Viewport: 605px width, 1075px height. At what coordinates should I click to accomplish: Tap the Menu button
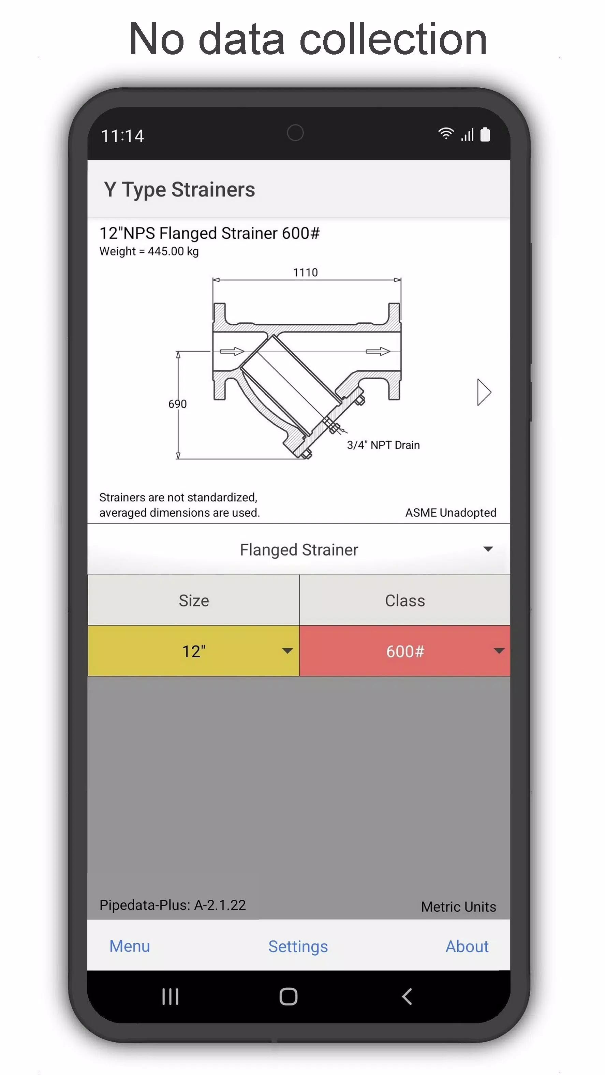click(x=129, y=946)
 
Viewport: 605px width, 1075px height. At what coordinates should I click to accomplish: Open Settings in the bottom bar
click(x=298, y=946)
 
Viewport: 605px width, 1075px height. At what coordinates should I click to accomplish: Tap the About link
click(x=467, y=946)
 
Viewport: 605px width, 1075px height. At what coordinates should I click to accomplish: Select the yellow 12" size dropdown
click(x=194, y=651)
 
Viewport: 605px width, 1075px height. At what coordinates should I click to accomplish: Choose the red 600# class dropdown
click(x=405, y=651)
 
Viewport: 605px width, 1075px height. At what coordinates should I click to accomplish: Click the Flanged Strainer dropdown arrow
click(x=488, y=549)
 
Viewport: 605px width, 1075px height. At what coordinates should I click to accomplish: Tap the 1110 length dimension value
click(x=306, y=272)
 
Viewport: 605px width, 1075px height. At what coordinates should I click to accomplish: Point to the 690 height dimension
click(x=177, y=403)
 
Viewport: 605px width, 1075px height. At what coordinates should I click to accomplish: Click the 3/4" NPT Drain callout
click(x=383, y=445)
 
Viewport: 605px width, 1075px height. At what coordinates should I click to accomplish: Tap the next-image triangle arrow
click(x=484, y=392)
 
